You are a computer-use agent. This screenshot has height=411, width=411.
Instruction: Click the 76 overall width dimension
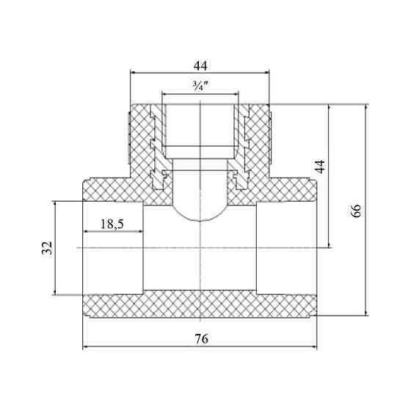[x=201, y=339]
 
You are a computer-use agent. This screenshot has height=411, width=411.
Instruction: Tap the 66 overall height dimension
[x=356, y=211]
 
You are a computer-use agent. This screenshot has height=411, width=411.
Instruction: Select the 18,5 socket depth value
[x=112, y=224]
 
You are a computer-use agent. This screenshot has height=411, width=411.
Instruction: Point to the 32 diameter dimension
[x=47, y=248]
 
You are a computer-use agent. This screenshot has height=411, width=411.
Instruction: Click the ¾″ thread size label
[x=200, y=85]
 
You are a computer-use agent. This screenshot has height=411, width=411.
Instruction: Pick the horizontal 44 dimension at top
[x=200, y=66]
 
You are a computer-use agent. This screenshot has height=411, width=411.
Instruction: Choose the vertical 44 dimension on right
[x=319, y=166]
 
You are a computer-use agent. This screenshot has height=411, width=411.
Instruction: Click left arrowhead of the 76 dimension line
[x=85, y=347]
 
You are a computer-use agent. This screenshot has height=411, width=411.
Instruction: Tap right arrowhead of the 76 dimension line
[x=314, y=347]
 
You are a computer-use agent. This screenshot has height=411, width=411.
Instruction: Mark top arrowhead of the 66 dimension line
[x=366, y=107]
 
